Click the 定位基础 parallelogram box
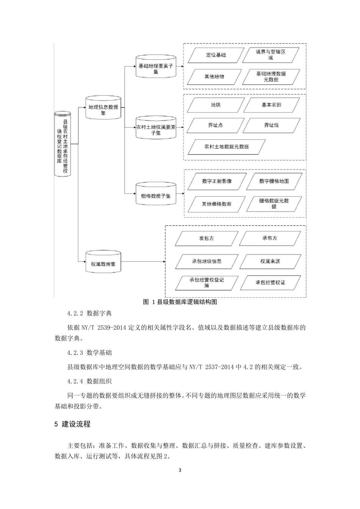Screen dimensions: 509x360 216,55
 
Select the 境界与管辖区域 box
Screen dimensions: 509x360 271,55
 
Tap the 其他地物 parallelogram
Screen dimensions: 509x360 214,77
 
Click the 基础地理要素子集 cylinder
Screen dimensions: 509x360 156,67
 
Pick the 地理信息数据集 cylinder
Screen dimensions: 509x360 103,110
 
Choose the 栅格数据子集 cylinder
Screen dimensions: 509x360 156,194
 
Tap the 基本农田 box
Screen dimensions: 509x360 271,105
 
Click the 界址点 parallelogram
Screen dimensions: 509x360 215,125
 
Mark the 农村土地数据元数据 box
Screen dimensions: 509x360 226,147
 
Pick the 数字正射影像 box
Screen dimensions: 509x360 217,181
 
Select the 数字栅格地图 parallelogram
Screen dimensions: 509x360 274,181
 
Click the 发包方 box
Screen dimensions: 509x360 207,239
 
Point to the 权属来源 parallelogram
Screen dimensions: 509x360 270,261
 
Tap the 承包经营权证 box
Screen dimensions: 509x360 270,283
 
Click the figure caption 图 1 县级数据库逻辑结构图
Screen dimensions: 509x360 180,302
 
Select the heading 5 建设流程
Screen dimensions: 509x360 73,424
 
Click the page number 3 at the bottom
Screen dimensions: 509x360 180,471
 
